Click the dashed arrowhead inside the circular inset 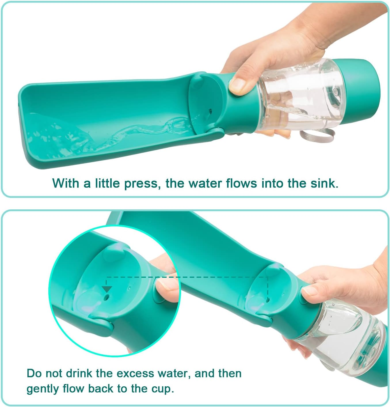click(x=107, y=289)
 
